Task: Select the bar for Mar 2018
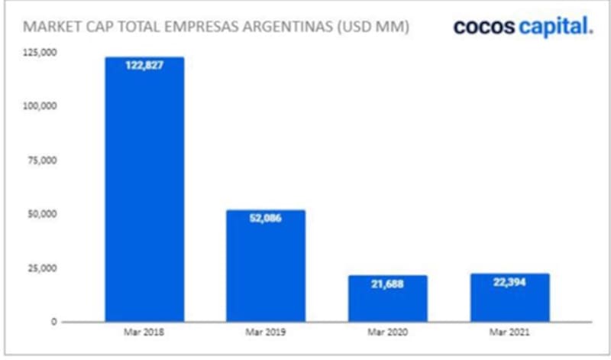point(144,191)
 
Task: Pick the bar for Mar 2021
point(510,298)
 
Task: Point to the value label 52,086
point(267,219)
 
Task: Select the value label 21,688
point(388,284)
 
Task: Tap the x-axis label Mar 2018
point(144,334)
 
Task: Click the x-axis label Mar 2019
point(267,334)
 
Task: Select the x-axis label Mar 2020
point(388,334)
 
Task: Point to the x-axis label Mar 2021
point(510,334)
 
